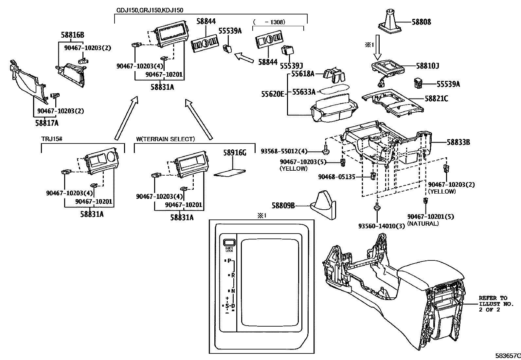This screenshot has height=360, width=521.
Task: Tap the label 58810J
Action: pyautogui.click(x=427, y=66)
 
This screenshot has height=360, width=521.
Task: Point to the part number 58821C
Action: pyautogui.click(x=436, y=98)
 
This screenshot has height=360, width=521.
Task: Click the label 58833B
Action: pyautogui.click(x=458, y=142)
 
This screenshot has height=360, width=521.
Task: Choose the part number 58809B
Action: pyautogui.click(x=283, y=206)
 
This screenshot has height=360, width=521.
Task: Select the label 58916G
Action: pyautogui.click(x=235, y=153)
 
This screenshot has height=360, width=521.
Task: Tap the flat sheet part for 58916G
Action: pyautogui.click(x=230, y=173)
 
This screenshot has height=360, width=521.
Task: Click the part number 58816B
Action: pyautogui.click(x=73, y=35)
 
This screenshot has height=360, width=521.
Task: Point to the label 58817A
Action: pyautogui.click(x=47, y=123)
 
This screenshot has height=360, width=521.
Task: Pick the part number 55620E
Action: pyautogui.click(x=273, y=94)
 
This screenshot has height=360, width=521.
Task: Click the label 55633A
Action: pyautogui.click(x=304, y=92)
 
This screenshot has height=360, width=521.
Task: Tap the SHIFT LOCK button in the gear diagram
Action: pyautogui.click(x=229, y=243)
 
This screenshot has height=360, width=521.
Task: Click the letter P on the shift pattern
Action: pyautogui.click(x=229, y=261)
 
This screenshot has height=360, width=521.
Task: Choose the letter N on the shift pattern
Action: pyautogui.click(x=233, y=291)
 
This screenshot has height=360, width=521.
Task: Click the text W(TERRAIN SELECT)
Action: pyautogui.click(x=165, y=139)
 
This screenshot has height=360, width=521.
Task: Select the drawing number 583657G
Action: pyautogui.click(x=507, y=355)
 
